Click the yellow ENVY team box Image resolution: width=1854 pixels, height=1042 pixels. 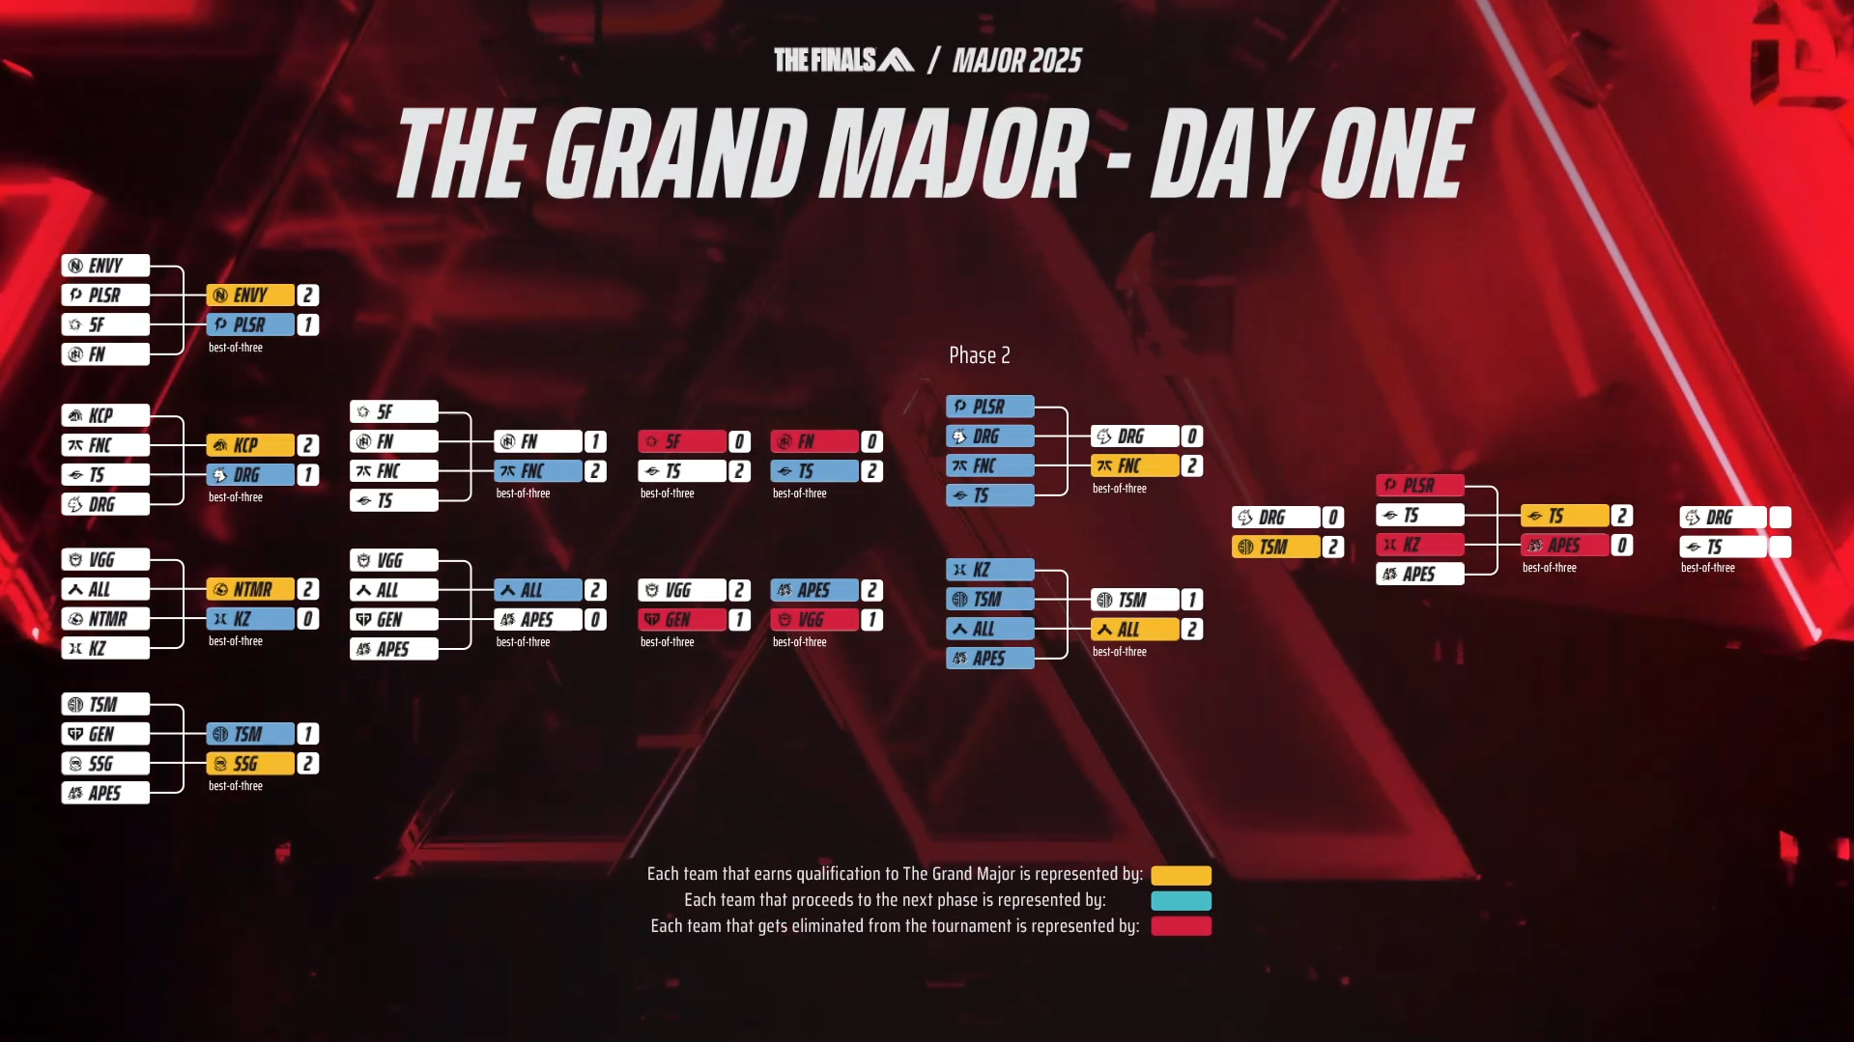click(x=250, y=296)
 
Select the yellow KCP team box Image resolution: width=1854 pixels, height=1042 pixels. click(x=250, y=445)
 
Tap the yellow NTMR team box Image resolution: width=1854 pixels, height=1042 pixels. click(x=250, y=589)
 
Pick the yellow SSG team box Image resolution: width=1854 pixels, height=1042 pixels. click(x=250, y=764)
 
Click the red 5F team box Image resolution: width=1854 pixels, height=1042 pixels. click(x=682, y=441)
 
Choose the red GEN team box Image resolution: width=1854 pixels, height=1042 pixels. click(x=682, y=619)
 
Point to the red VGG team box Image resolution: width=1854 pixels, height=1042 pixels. click(x=814, y=619)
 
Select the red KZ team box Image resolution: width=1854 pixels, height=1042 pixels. click(x=1420, y=545)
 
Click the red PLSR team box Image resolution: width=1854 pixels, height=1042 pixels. click(x=1420, y=485)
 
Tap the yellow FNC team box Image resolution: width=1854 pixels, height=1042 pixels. click(x=1135, y=465)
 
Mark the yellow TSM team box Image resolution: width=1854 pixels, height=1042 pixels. click(x=1276, y=547)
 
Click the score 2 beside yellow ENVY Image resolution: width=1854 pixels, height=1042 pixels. click(x=308, y=296)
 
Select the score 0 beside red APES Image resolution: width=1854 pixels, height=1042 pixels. click(x=1622, y=545)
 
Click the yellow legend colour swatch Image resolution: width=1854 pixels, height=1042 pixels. click(x=1181, y=875)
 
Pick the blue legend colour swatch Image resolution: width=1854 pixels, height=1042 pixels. click(x=1181, y=901)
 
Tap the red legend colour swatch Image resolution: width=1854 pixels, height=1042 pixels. click(x=1181, y=926)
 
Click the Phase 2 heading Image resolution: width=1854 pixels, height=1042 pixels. click(x=980, y=355)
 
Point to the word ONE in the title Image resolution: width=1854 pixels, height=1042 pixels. click(x=1396, y=153)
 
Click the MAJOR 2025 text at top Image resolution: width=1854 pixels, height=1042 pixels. click(x=1017, y=61)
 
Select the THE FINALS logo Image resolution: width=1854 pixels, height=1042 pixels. click(x=843, y=60)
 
